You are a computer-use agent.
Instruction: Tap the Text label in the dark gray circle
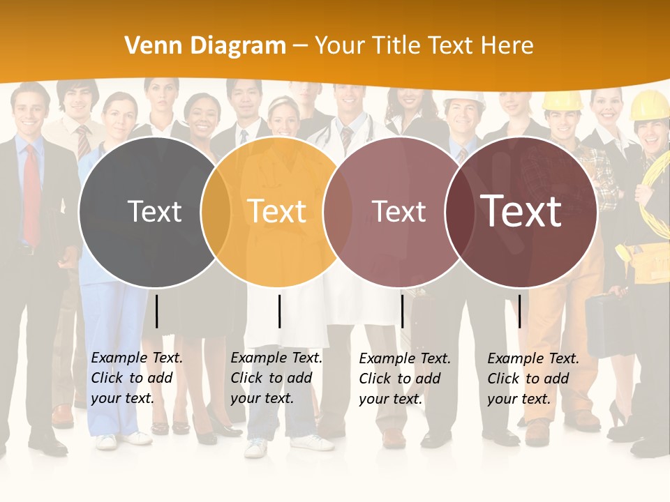pyautogui.click(x=154, y=211)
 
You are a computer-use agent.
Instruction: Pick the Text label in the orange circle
pyautogui.click(x=277, y=211)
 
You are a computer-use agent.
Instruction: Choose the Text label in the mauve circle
pyautogui.click(x=399, y=211)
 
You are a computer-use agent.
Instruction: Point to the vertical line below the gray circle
pyautogui.click(x=156, y=311)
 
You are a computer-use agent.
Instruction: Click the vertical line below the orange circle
pyautogui.click(x=279, y=311)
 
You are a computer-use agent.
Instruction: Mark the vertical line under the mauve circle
pyautogui.click(x=402, y=311)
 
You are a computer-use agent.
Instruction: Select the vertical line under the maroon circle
pyautogui.click(x=519, y=311)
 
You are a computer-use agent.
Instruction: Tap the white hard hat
pyautogui.click(x=465, y=100)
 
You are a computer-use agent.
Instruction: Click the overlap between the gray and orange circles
pyautogui.click(x=216, y=212)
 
